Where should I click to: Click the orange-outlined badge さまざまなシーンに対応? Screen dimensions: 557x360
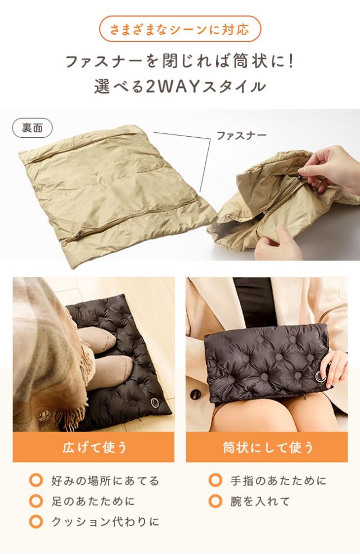click(180, 29)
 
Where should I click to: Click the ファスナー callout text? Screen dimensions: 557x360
click(241, 136)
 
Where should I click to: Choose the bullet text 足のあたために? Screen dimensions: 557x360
click(93, 501)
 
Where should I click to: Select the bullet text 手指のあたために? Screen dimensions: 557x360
click(278, 481)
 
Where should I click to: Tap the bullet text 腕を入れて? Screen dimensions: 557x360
click(259, 501)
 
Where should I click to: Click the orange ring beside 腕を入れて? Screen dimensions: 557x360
click(215, 501)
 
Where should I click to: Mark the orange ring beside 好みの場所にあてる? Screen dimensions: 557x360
click(36, 481)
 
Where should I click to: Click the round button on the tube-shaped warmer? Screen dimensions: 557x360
click(322, 376)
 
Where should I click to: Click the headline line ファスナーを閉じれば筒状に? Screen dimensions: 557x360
click(180, 61)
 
